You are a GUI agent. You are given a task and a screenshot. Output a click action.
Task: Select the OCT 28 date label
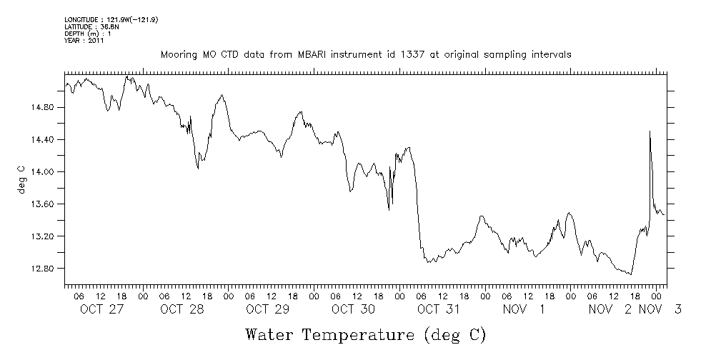pos(183,309)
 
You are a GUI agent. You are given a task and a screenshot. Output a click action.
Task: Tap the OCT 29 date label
pos(267,309)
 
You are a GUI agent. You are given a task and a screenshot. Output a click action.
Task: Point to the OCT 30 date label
pos(353,309)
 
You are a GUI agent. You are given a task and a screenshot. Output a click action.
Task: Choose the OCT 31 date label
pos(438,309)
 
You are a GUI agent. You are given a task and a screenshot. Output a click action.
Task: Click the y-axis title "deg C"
pos(22,179)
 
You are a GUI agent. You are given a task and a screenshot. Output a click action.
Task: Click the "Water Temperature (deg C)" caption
pos(365,334)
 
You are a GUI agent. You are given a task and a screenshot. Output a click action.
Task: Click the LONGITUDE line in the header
pos(111,19)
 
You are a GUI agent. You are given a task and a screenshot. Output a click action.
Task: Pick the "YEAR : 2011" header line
pos(85,41)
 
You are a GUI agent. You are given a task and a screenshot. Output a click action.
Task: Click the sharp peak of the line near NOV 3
pos(650,131)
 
